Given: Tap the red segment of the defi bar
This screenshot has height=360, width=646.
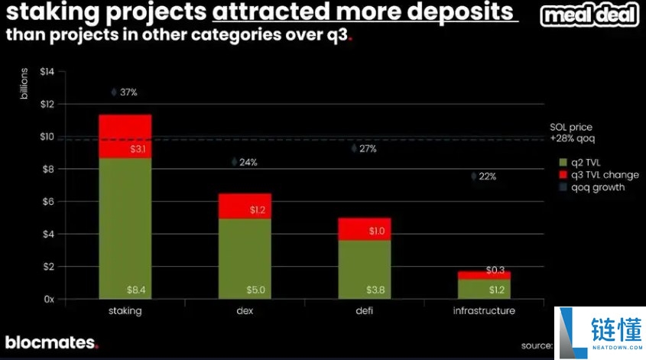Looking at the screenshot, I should [365, 229].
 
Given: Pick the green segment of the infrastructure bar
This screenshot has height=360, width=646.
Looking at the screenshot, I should [484, 289].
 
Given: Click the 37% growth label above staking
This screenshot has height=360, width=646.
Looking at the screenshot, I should [128, 92].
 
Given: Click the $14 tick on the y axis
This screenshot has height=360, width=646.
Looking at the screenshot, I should [47, 72].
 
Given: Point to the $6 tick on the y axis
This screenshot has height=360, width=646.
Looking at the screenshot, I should [48, 202].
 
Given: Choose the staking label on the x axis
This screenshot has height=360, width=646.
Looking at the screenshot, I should [125, 311].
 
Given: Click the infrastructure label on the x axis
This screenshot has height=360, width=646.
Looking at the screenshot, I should [484, 311].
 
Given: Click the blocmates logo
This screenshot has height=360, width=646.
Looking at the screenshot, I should [51, 342].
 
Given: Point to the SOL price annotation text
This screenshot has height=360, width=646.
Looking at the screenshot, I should [571, 132].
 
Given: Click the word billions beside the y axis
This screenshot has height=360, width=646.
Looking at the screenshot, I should [24, 84].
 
